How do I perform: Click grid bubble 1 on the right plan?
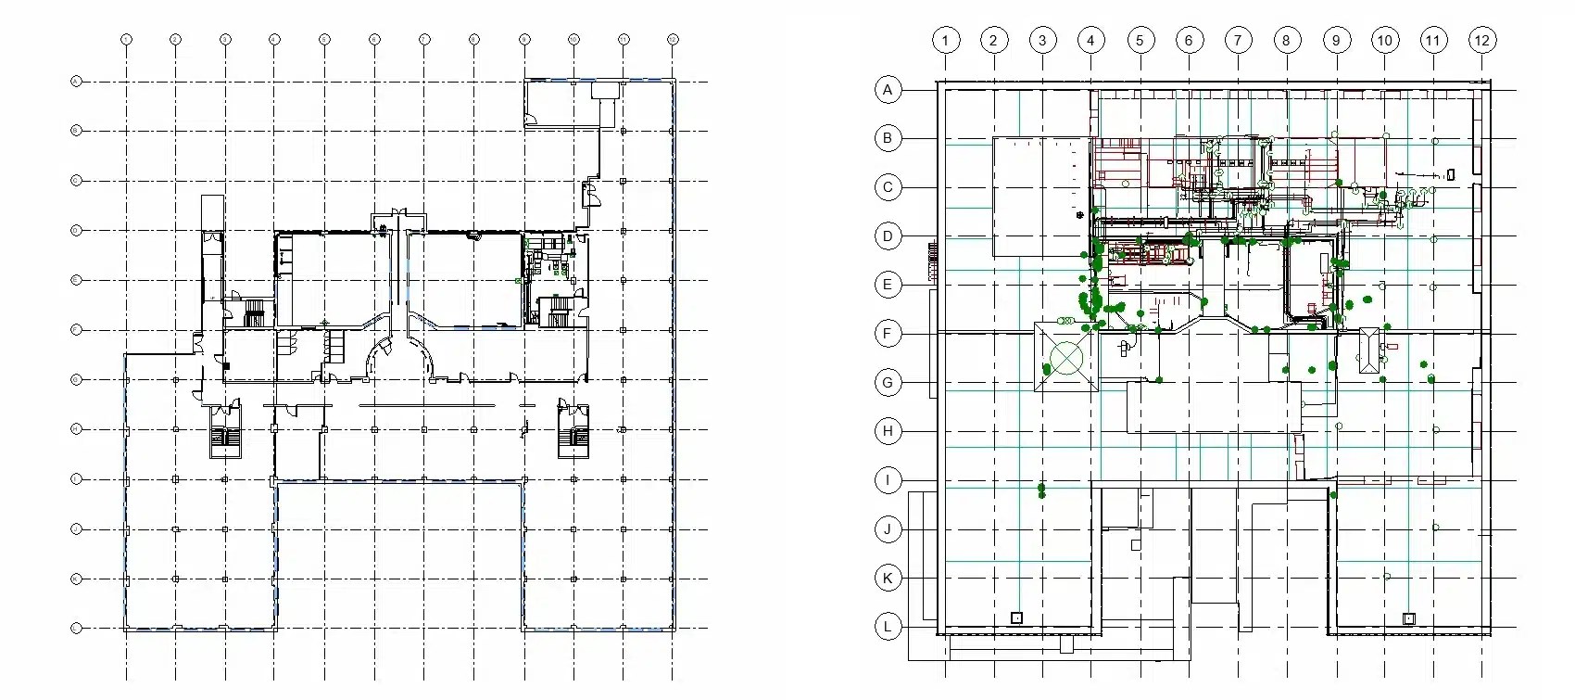coord(945,40)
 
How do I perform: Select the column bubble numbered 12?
coord(1481,40)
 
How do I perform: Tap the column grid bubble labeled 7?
coord(1238,40)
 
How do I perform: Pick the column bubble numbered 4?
coord(1090,40)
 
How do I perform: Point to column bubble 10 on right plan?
coord(1384,40)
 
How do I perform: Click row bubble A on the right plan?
coord(888,90)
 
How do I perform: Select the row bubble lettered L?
coord(888,627)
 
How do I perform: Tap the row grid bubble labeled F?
coord(888,334)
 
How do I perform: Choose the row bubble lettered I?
coord(888,480)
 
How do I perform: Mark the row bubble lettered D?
coord(888,235)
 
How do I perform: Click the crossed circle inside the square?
coord(1066,358)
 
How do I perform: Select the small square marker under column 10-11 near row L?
coord(1408,618)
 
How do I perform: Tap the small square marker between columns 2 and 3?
coord(1016,617)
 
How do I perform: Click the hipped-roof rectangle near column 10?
coord(1369,350)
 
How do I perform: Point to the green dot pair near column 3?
coord(1041,490)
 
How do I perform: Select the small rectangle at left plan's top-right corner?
coord(604,90)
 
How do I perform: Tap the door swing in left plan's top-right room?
coord(531,118)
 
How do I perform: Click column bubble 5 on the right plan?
coord(1140,40)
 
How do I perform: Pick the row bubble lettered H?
coord(888,431)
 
